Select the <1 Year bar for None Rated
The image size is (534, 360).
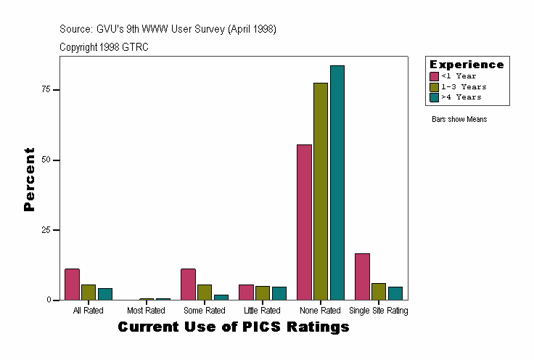tap(304, 222)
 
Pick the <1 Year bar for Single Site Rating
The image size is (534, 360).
tap(362, 277)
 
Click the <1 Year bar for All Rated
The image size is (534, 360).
tap(72, 285)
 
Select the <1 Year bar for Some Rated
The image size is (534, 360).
tap(188, 285)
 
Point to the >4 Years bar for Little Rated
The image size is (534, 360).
tap(279, 293)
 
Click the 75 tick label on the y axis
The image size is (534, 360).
tap(46, 89)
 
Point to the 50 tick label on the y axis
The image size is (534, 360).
tap(46, 160)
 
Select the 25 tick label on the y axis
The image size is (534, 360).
tap(46, 230)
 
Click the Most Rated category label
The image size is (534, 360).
tap(146, 311)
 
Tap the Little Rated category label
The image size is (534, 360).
tap(263, 311)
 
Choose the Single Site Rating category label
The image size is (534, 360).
tap(379, 311)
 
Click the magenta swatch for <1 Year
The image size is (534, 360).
tap(435, 76)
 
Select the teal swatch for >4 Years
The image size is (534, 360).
tap(435, 97)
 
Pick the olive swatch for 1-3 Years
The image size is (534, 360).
tap(435, 86)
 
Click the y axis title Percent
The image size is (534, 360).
tap(29, 179)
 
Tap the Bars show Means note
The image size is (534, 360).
tap(459, 119)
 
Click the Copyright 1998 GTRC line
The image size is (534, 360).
tap(104, 47)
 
